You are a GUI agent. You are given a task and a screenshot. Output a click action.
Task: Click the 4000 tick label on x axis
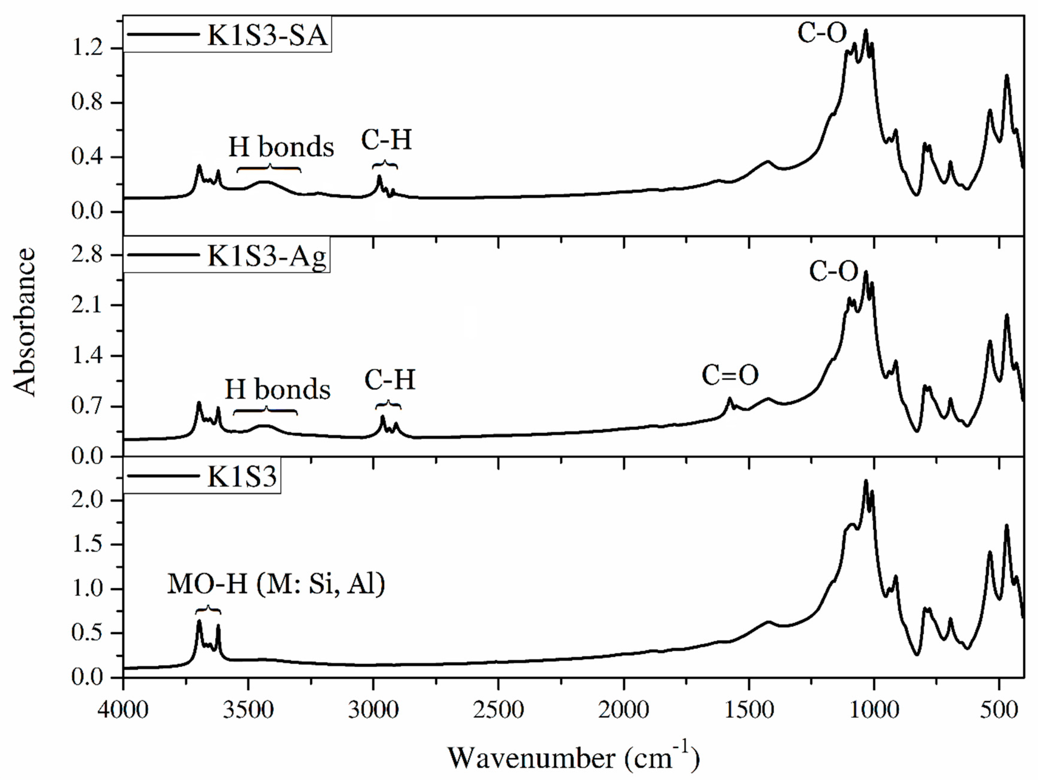pyautogui.click(x=123, y=710)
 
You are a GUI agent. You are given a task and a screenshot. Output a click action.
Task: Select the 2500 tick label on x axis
pyautogui.click(x=498, y=710)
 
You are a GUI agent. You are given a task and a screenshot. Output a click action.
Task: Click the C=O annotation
pyautogui.click(x=730, y=375)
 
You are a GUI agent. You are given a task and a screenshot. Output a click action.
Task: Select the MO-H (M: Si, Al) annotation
pyautogui.click(x=276, y=585)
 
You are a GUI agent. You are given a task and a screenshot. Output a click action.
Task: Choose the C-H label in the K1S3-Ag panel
pyautogui.click(x=390, y=380)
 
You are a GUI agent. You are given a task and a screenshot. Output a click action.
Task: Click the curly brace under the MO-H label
pyautogui.click(x=208, y=610)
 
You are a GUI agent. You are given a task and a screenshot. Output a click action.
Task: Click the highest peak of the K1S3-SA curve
pyautogui.click(x=866, y=30)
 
